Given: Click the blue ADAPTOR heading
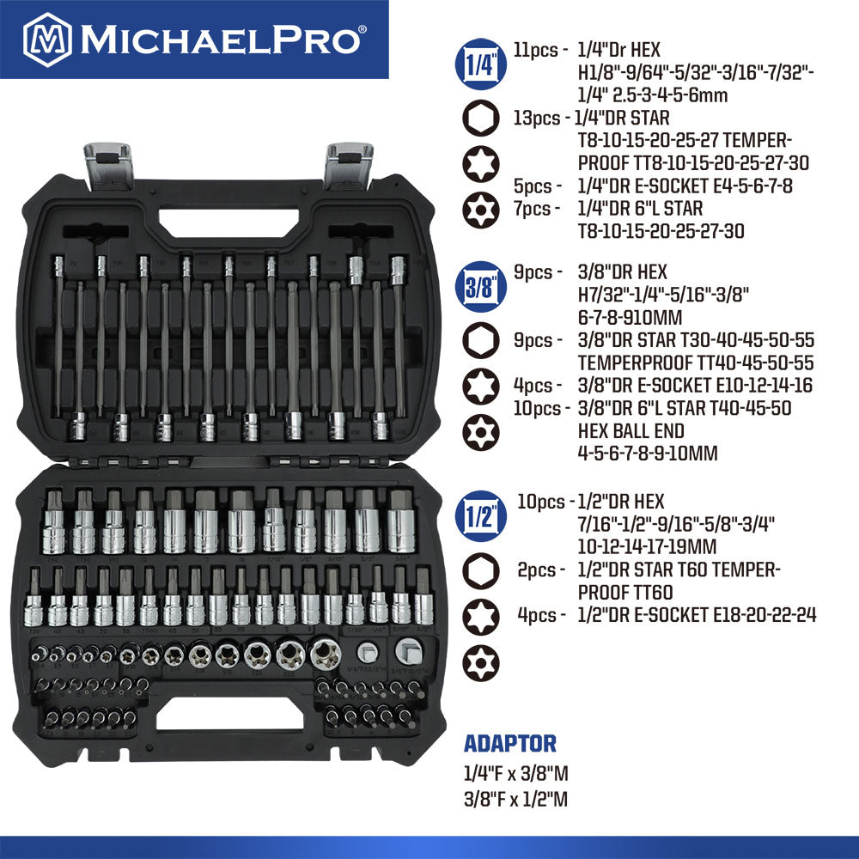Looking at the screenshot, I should click(510, 744).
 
